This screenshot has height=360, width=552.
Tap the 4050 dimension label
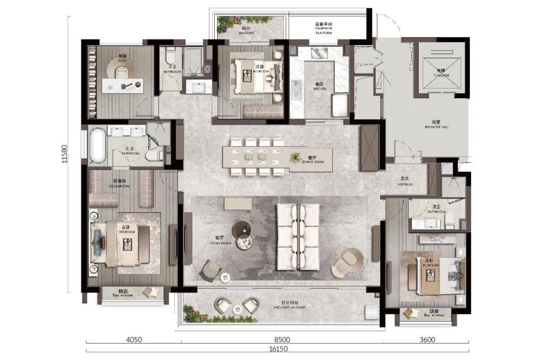[134, 339]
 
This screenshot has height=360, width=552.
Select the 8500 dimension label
[282, 339]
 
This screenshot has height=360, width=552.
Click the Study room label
[123, 59]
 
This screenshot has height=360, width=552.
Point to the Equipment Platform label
[324, 28]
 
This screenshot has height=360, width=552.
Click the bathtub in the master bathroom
[98, 146]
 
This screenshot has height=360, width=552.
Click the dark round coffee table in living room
[241, 229]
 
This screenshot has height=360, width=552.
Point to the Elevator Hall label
[435, 124]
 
